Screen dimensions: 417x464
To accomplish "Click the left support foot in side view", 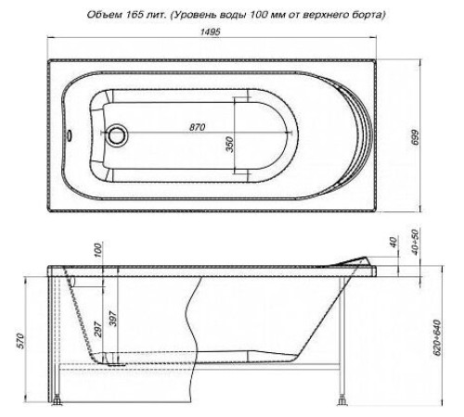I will point(59,400).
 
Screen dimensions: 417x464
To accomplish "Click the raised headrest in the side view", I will point(357,263).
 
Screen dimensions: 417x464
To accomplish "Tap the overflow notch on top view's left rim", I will point(66,136).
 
